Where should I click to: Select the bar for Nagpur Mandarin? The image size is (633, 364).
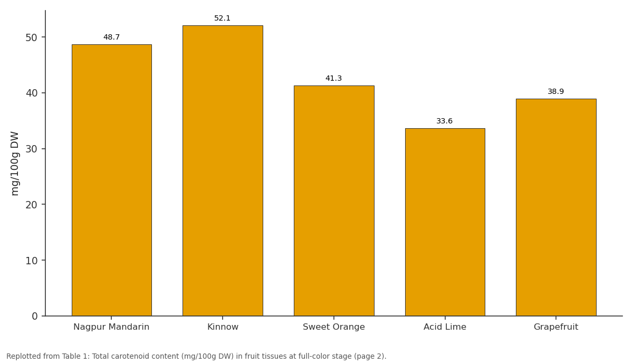pyautogui.click(x=112, y=180)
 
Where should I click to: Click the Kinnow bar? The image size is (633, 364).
pyautogui.click(x=223, y=171)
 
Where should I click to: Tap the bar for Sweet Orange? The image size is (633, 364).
pyautogui.click(x=334, y=200)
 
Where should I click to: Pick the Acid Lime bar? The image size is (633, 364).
pyautogui.click(x=445, y=222)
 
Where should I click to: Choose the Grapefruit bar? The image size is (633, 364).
pyautogui.click(x=556, y=207)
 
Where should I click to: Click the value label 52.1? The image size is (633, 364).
pyautogui.click(x=223, y=18)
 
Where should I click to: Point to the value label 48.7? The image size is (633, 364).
pyautogui.click(x=112, y=37)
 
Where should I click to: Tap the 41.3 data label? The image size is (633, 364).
pyautogui.click(x=334, y=78)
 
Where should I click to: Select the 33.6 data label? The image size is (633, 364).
pyautogui.click(x=445, y=121)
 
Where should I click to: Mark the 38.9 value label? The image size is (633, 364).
pyautogui.click(x=556, y=92)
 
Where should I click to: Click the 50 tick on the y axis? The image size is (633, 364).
pyautogui.click(x=31, y=37)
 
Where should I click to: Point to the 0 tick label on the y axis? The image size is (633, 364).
pyautogui.click(x=35, y=316)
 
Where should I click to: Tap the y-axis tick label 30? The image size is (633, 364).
pyautogui.click(x=31, y=149)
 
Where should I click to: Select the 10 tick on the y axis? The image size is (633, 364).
pyautogui.click(x=31, y=261)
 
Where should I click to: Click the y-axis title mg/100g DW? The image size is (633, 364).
pyautogui.click(x=14, y=164)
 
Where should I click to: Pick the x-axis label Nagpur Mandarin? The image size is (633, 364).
pyautogui.click(x=111, y=327)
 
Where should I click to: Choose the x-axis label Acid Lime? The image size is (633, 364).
pyautogui.click(x=445, y=327)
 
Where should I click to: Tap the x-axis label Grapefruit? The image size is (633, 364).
pyautogui.click(x=556, y=327)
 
